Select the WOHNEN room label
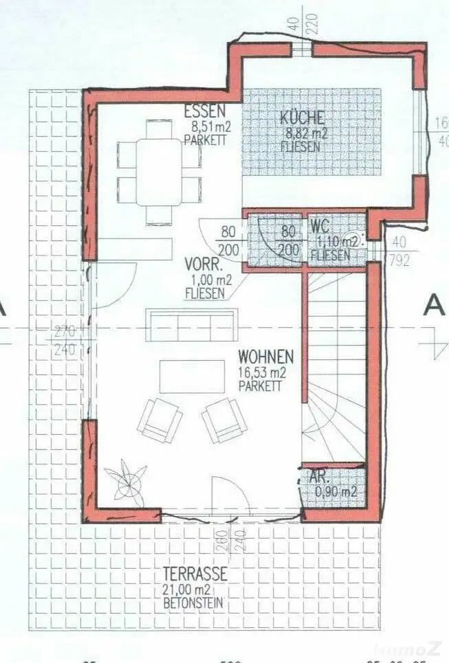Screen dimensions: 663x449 pyautogui.click(x=265, y=357)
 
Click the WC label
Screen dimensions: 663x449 pyautogui.click(x=320, y=226)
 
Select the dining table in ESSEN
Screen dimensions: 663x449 pyautogui.click(x=159, y=171)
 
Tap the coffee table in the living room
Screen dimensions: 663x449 pyautogui.click(x=191, y=377)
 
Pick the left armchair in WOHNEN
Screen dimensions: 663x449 pyautogui.click(x=160, y=418)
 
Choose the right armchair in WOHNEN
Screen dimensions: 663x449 pyautogui.click(x=225, y=418)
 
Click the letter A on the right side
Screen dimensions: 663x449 pyautogui.click(x=433, y=304)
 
